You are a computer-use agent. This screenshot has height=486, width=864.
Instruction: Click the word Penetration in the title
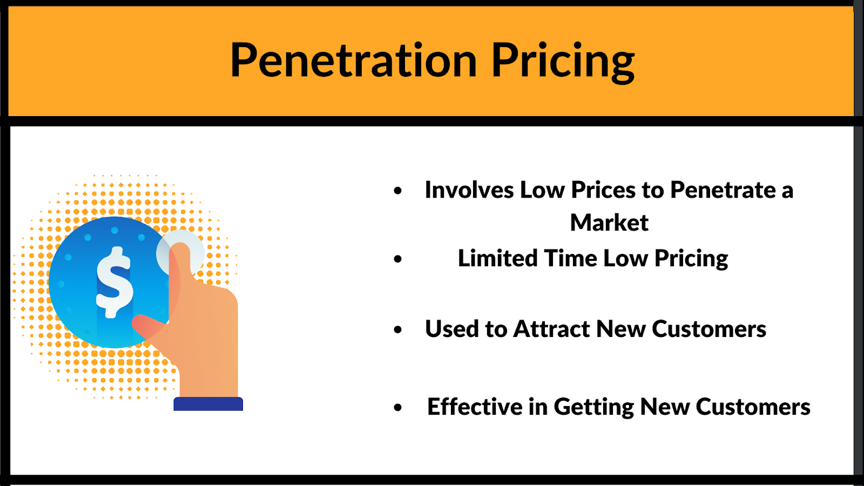[354, 60]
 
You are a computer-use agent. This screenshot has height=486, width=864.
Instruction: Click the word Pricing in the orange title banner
[563, 62]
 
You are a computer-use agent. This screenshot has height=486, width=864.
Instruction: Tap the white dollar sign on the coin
[114, 282]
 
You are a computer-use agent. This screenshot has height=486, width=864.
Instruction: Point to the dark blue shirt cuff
[208, 404]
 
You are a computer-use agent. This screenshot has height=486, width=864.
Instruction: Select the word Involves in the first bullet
[469, 190]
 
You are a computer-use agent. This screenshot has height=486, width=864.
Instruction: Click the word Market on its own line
[609, 222]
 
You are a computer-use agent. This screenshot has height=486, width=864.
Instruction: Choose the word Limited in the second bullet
[497, 258]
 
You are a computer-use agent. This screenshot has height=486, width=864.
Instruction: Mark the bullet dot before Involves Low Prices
[398, 191]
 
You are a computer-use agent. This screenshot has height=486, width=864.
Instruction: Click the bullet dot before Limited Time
[398, 259]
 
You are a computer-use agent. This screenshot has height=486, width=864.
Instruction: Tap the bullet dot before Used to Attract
[398, 329]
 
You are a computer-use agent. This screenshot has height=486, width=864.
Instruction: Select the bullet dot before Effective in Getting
[398, 408]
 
